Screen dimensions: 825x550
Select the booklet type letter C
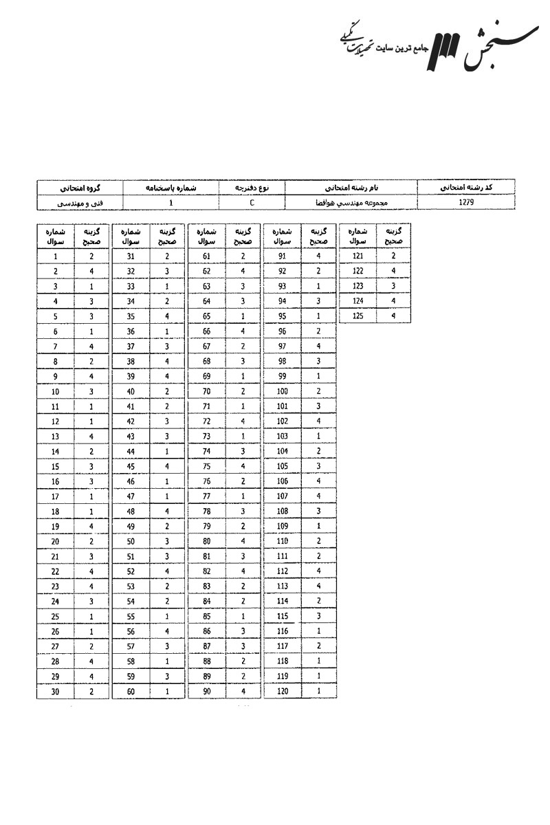tap(252, 203)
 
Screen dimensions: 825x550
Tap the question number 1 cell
tap(55, 256)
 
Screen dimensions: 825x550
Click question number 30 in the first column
tap(55, 692)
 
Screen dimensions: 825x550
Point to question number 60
tap(131, 692)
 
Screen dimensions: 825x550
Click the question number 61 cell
tap(206, 256)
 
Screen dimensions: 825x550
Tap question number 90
tap(206, 692)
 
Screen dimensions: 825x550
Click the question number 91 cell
tap(282, 256)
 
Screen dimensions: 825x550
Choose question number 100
tap(282, 391)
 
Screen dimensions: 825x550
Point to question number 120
tap(282, 692)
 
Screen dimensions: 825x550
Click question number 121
tap(357, 256)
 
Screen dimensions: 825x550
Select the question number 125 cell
tap(357, 316)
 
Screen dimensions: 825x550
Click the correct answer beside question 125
tap(393, 316)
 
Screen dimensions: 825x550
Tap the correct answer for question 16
tap(91, 481)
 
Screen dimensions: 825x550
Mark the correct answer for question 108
tap(318, 511)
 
